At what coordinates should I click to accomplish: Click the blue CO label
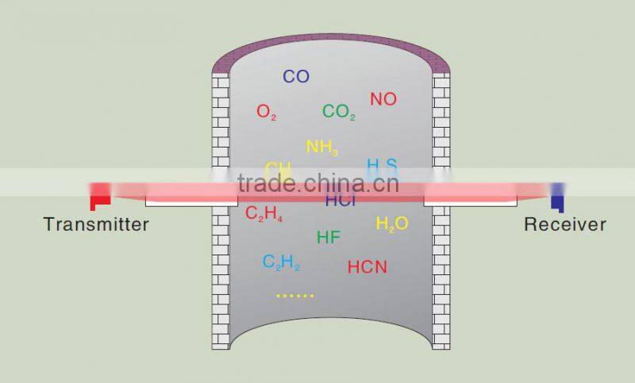click(296, 77)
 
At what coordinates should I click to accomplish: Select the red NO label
click(383, 99)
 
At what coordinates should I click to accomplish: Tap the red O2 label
click(267, 112)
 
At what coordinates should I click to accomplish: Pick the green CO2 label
click(339, 112)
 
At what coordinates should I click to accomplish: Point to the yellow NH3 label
click(322, 147)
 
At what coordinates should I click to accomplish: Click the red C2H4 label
click(264, 213)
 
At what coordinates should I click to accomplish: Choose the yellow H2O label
click(392, 224)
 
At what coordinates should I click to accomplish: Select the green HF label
click(329, 237)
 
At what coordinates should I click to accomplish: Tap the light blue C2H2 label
click(281, 262)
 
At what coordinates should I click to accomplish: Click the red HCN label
click(368, 267)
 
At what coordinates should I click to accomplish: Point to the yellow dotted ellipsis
click(295, 296)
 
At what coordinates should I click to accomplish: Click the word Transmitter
click(96, 224)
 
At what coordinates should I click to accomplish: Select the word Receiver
click(564, 224)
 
